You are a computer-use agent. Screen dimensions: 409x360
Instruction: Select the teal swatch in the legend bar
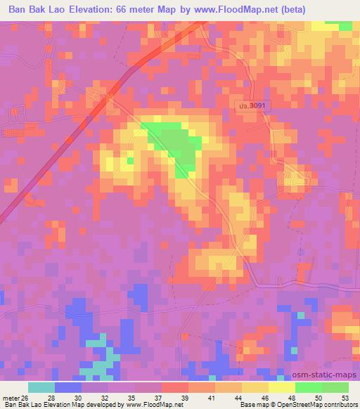click(41, 387)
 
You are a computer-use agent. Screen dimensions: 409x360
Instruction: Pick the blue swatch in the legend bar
click(68, 387)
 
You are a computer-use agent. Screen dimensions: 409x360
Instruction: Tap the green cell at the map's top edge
click(345, 25)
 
